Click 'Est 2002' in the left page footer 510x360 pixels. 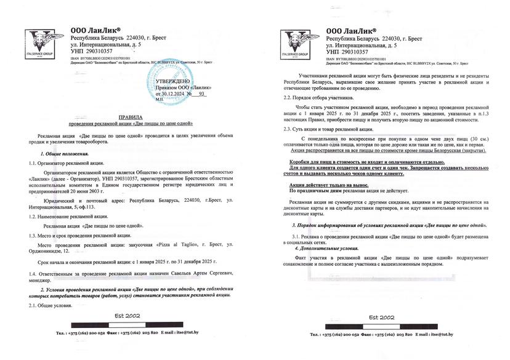point(119,316)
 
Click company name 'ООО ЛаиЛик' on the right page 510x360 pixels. point(352,30)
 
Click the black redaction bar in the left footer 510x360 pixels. point(119,324)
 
